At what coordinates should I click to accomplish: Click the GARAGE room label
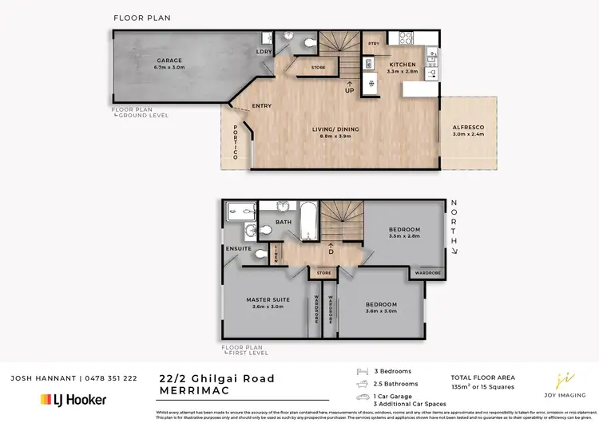pyautogui.click(x=169, y=60)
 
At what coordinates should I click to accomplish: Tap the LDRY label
pyautogui.click(x=262, y=52)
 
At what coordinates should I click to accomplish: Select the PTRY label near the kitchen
pyautogui.click(x=373, y=43)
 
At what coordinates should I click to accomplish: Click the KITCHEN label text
pyautogui.click(x=402, y=64)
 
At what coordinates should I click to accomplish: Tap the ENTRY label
pyautogui.click(x=262, y=106)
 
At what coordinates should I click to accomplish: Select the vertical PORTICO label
pyautogui.click(x=236, y=143)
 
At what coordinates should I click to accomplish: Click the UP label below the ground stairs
pyautogui.click(x=349, y=90)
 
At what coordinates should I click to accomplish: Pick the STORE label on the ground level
pyautogui.click(x=318, y=68)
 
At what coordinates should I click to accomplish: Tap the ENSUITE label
pyautogui.click(x=239, y=249)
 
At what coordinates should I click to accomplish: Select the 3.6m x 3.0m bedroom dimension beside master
pyautogui.click(x=381, y=311)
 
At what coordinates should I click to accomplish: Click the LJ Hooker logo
pyautogui.click(x=73, y=399)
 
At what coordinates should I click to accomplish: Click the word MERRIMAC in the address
pyautogui.click(x=188, y=390)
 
